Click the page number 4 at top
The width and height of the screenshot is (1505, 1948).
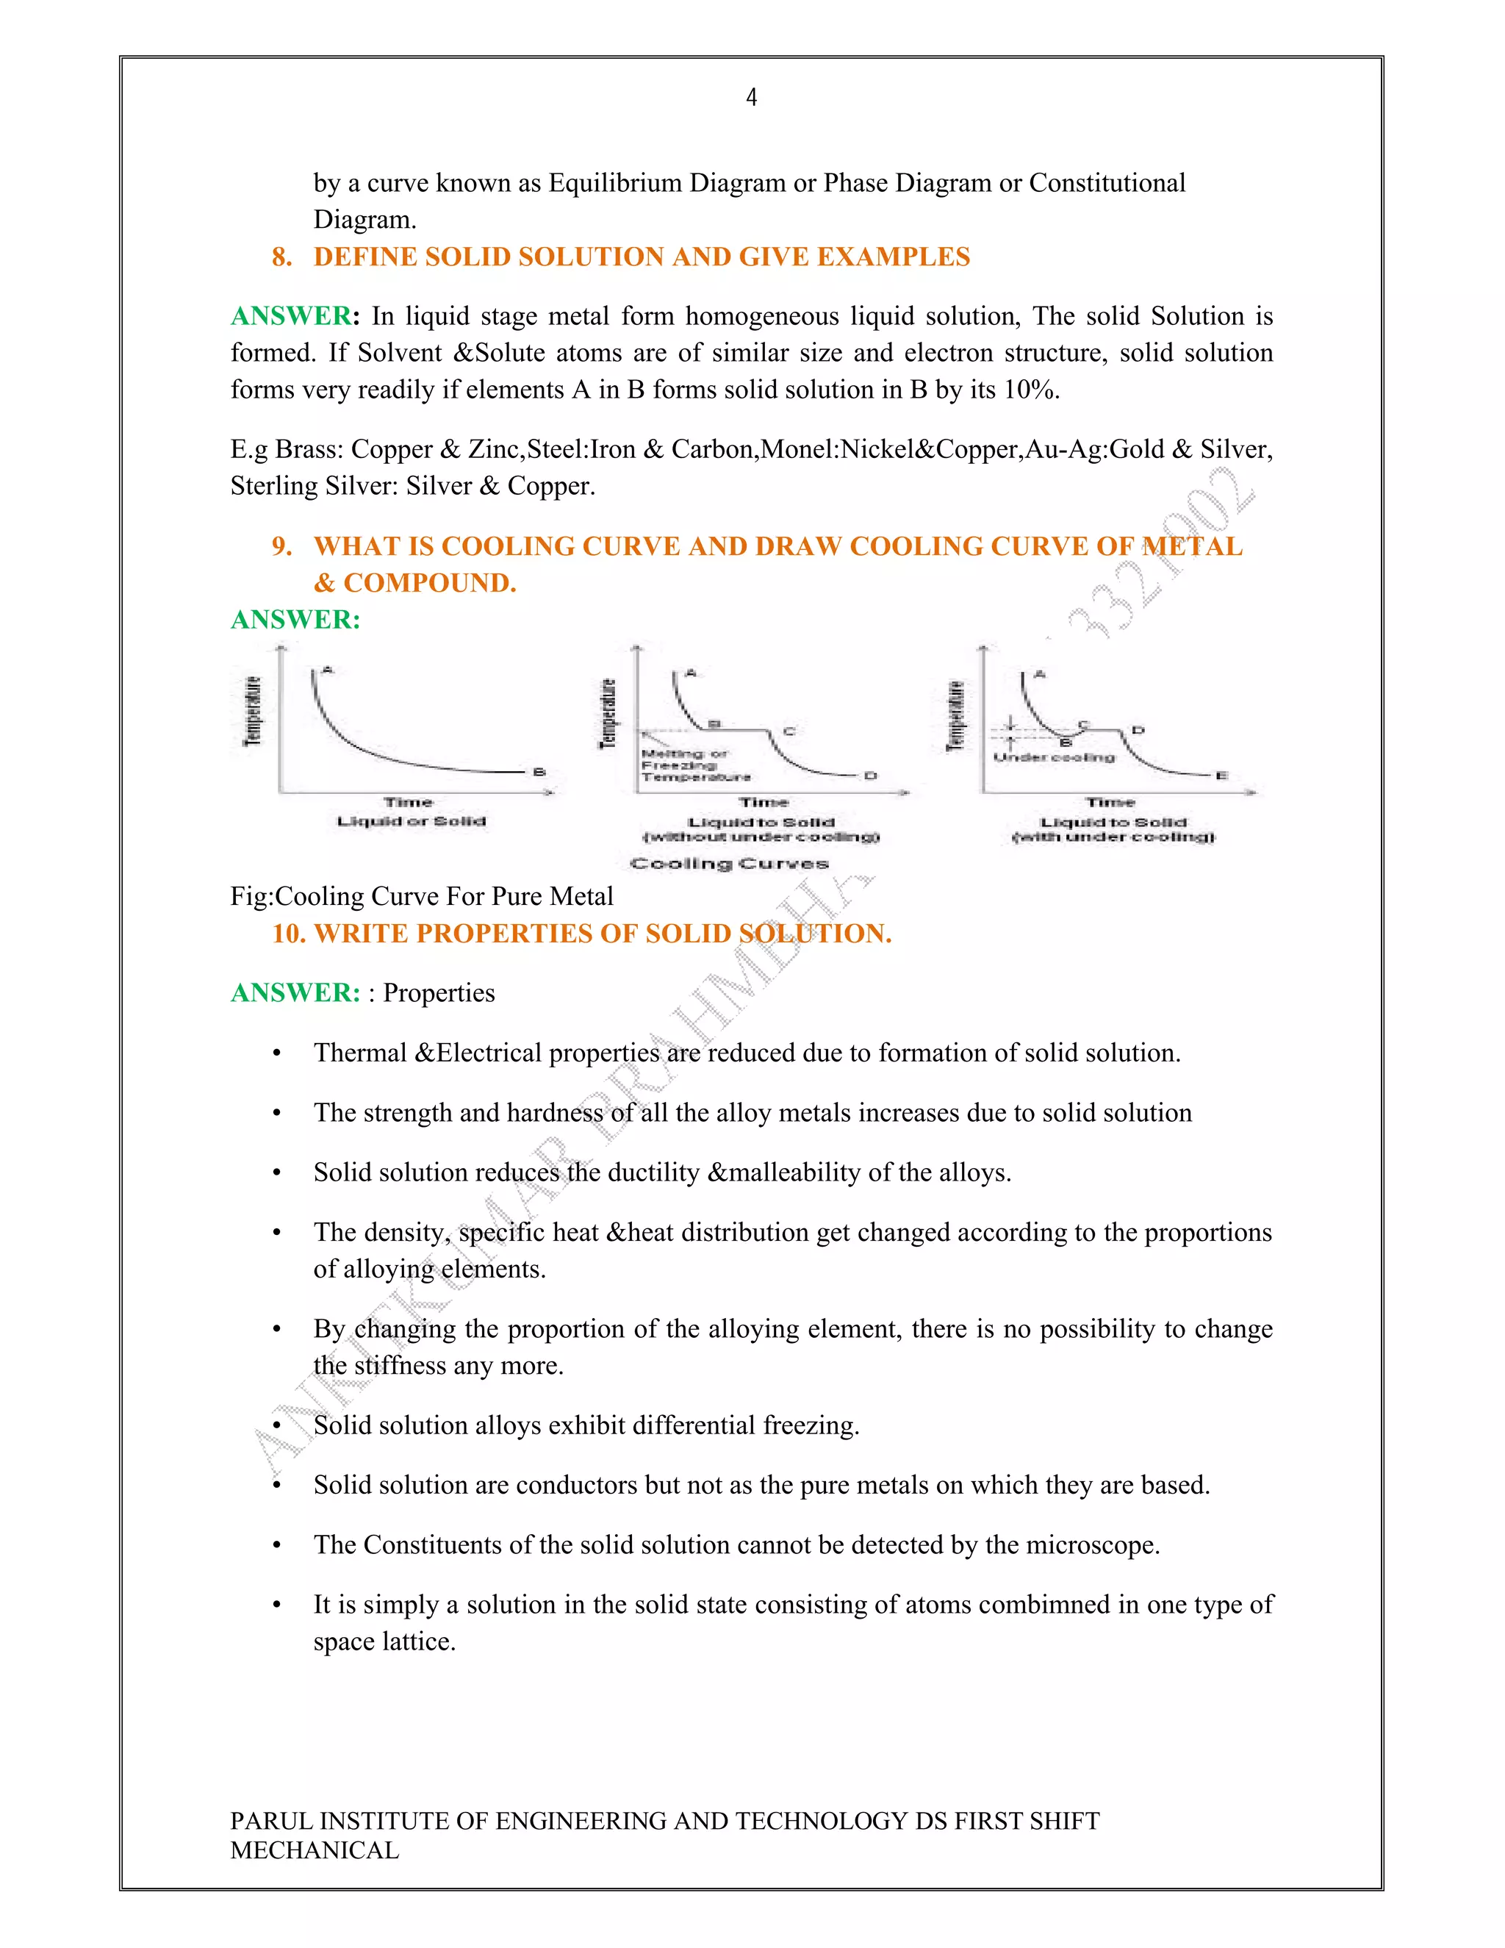(752, 97)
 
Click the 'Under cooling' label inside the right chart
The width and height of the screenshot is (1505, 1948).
(1054, 757)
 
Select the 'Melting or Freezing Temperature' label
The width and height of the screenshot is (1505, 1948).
(694, 765)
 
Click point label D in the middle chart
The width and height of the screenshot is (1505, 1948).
(870, 775)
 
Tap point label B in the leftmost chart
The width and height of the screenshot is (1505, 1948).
(539, 772)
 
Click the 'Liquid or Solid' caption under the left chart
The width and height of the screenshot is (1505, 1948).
(411, 820)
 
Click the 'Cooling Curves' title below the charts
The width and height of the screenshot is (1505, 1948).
(729, 864)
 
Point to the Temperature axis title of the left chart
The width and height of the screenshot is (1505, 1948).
(254, 711)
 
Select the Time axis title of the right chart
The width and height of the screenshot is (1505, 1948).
(1110, 803)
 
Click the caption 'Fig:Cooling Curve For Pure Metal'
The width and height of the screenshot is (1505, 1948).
(422, 895)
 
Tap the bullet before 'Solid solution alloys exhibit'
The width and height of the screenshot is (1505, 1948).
(276, 1425)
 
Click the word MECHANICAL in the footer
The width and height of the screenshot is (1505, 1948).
(315, 1850)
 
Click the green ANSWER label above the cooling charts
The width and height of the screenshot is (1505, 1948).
(295, 619)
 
